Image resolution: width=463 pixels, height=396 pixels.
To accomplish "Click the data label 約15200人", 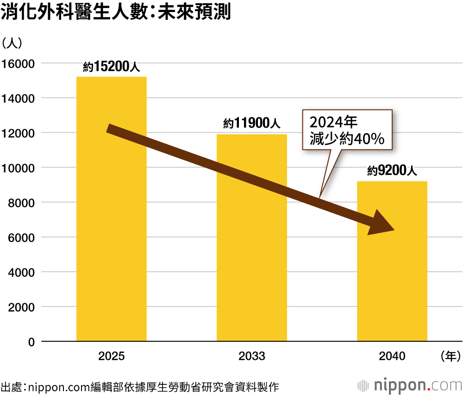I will [111, 67].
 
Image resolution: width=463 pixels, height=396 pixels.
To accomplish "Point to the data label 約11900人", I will [251, 124].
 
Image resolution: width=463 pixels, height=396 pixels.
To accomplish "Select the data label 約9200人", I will [392, 171].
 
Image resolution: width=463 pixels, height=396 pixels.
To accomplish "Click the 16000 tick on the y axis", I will [19, 64].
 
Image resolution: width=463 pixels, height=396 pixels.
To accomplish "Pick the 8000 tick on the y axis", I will [21, 203].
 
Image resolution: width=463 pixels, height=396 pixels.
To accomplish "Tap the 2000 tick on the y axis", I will [21, 307].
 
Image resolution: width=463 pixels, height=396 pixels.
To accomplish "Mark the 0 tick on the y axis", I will [31, 342].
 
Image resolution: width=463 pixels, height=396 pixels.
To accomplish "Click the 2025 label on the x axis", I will [111, 356].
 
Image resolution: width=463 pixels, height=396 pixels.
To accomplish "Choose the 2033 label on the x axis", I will [252, 356].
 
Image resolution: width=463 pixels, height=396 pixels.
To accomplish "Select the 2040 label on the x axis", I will [392, 356].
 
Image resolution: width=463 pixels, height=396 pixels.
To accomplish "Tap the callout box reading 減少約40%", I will [347, 130].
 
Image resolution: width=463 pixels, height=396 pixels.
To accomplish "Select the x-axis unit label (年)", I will [449, 356].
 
